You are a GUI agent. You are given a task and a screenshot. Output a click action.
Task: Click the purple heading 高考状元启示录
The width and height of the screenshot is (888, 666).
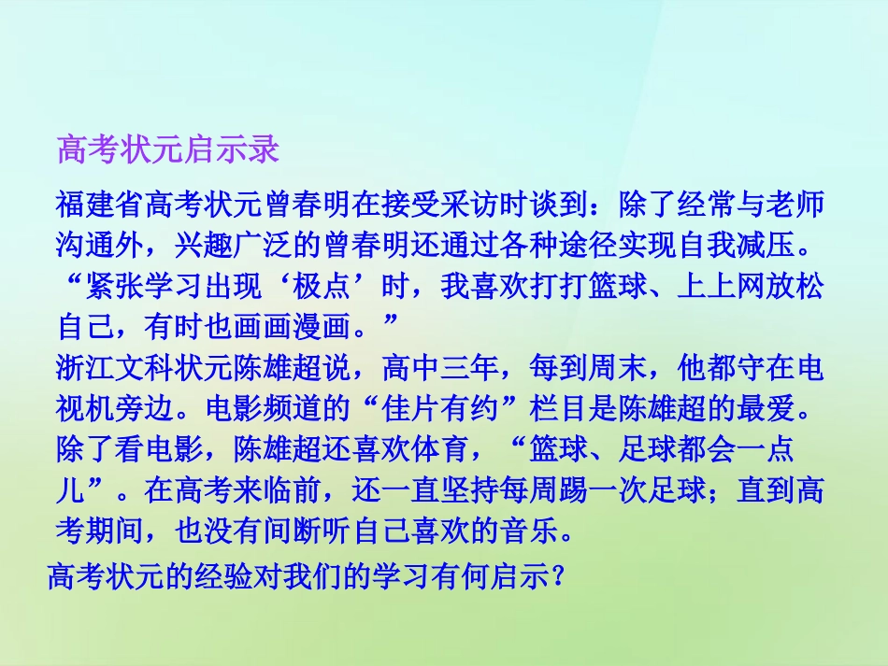tap(168, 149)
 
